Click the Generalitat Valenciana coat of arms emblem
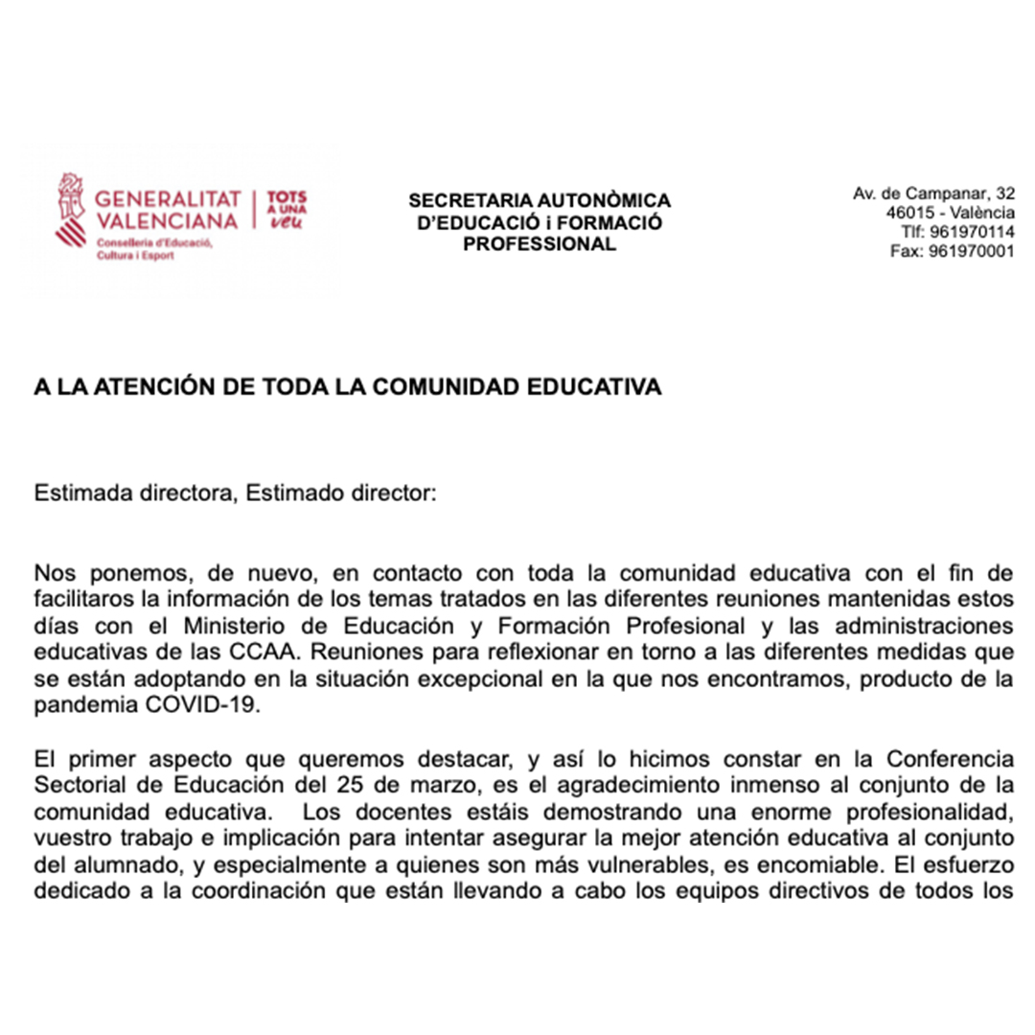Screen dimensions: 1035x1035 pyautogui.click(x=72, y=210)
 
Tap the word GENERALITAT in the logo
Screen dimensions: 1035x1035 pyautogui.click(x=168, y=199)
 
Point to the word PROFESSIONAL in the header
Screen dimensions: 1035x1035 pyautogui.click(x=540, y=244)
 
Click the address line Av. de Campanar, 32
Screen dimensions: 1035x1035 pyautogui.click(x=934, y=194)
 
